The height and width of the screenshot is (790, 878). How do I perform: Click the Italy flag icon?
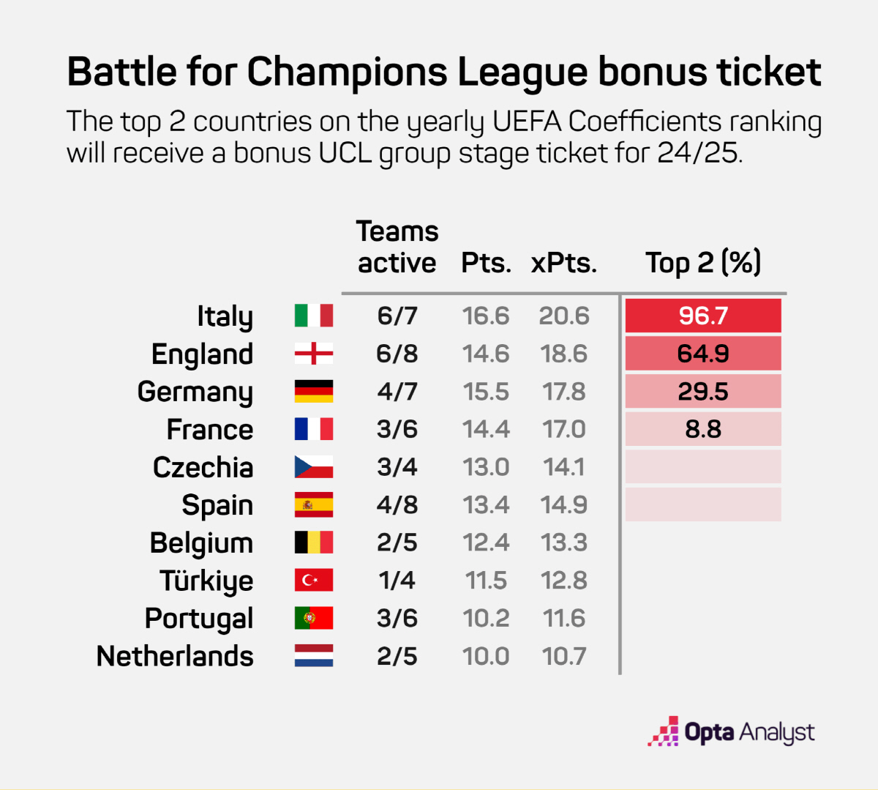click(313, 316)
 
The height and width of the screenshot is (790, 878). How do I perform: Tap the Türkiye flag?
click(313, 581)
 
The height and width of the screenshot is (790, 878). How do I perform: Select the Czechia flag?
click(313, 467)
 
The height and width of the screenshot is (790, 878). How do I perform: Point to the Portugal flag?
click(313, 618)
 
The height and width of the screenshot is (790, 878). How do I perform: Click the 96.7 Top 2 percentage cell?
click(703, 316)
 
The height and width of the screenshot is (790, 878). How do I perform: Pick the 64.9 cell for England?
click(703, 354)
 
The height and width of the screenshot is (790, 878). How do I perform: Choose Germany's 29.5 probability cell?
click(703, 392)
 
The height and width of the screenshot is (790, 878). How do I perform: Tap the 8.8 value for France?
click(703, 429)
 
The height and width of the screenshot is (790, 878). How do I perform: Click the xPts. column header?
click(563, 263)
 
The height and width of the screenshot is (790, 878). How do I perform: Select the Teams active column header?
click(397, 247)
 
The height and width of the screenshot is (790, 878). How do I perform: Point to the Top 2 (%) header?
click(703, 263)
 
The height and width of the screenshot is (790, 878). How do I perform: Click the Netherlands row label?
click(175, 656)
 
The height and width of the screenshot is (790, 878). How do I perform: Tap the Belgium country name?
click(201, 543)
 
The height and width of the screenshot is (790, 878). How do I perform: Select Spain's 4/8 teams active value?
click(397, 505)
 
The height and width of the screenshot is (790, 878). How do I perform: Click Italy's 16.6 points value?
click(486, 316)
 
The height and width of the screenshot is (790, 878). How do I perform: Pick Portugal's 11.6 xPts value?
click(564, 618)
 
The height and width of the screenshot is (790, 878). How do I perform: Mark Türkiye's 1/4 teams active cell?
click(397, 581)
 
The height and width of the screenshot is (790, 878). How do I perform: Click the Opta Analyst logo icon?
click(663, 731)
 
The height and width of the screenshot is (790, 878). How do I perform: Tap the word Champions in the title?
click(348, 72)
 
